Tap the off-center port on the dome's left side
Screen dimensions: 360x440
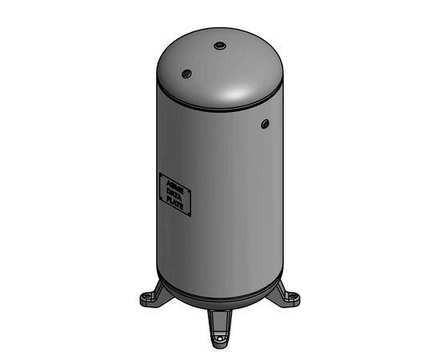click(x=186, y=74)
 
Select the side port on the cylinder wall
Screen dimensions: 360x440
click(x=265, y=123)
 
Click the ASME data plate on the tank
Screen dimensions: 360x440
click(x=174, y=194)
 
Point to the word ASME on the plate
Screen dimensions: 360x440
click(x=174, y=185)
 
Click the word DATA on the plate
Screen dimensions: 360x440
click(x=175, y=194)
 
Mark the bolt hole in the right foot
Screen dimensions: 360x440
click(x=294, y=298)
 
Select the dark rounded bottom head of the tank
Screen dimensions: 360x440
click(x=220, y=301)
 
